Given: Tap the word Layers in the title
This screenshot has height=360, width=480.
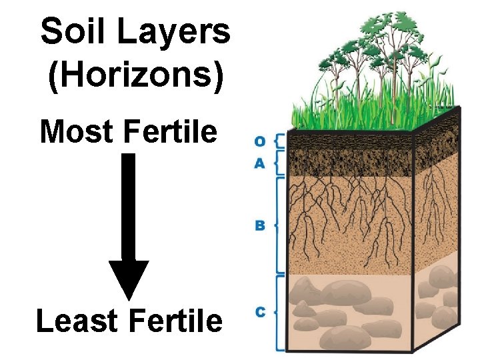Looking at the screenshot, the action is point(174,32).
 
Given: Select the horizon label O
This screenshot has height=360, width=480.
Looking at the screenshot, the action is point(260,141).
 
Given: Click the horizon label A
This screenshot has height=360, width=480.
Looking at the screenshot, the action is point(260,163).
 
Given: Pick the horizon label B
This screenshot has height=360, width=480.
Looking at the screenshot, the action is point(260,225).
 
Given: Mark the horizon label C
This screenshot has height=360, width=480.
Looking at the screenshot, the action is point(260,312).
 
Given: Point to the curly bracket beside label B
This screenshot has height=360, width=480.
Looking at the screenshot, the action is point(278,225).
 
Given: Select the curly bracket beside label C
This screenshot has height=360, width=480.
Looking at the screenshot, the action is point(278,312).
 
